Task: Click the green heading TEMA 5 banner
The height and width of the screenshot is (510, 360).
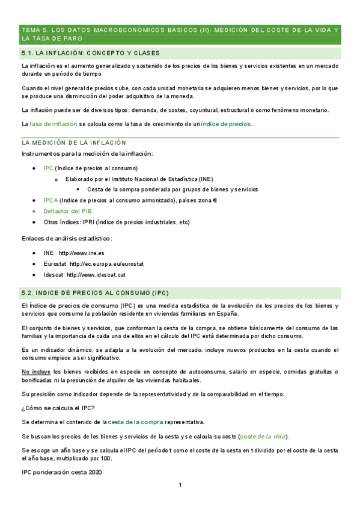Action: (180, 34)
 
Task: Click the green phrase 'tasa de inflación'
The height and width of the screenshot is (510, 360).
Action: (53, 124)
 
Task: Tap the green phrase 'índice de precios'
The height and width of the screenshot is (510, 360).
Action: (226, 124)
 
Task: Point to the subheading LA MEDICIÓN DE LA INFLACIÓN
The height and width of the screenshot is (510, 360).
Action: (73, 143)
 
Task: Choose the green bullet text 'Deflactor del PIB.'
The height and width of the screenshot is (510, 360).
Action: (69, 211)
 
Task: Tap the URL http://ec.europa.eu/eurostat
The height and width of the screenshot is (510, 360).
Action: (106, 264)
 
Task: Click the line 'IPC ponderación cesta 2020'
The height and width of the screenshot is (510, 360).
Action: (61, 472)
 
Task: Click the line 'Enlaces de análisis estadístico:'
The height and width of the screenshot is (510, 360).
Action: (67, 238)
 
